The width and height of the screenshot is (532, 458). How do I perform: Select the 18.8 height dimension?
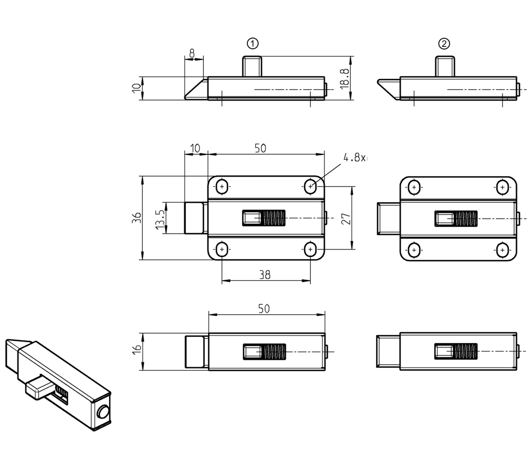(344, 78)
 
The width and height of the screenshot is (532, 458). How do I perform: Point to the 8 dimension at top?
(192, 53)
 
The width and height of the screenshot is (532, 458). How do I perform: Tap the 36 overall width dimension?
(137, 217)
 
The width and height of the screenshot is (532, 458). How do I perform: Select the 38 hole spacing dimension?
(265, 274)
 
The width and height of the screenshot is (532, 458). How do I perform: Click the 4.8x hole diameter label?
(355, 158)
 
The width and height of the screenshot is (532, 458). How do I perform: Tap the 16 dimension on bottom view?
(137, 349)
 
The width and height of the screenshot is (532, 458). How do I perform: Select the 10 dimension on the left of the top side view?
(137, 88)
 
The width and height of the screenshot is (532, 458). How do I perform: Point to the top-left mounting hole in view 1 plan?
(222, 187)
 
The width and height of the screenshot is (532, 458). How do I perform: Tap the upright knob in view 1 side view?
(253, 66)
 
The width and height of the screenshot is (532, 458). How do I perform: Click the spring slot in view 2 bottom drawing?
(456, 352)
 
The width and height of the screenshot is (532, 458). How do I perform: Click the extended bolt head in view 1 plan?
(195, 218)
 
